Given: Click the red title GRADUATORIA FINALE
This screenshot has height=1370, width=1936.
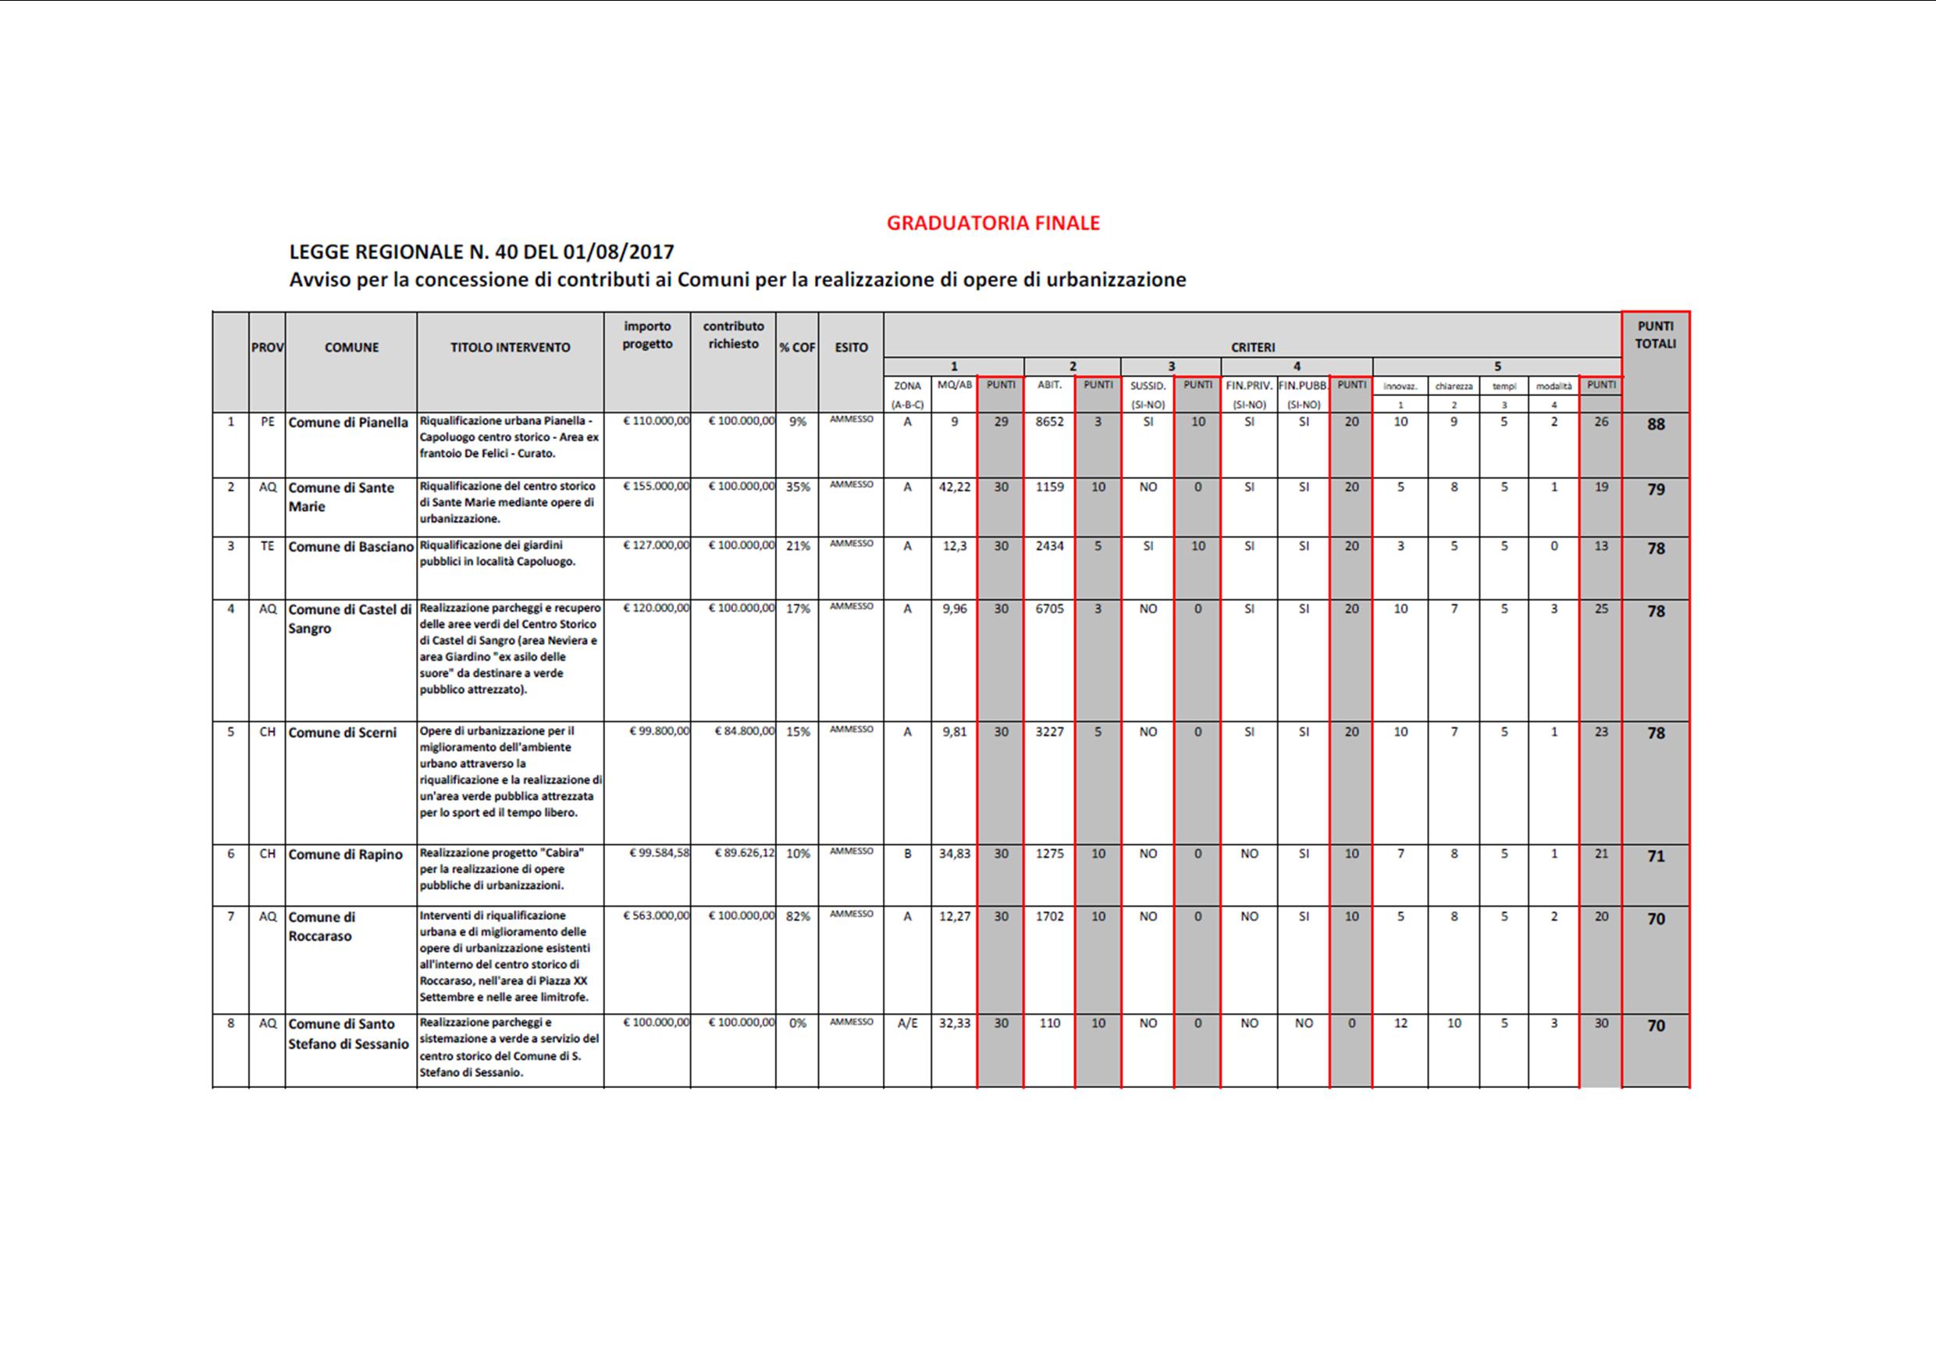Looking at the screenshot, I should (x=992, y=223).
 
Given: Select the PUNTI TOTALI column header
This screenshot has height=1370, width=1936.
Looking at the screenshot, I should (x=1655, y=335).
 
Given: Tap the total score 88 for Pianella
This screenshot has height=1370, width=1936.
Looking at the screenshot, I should (x=1656, y=424).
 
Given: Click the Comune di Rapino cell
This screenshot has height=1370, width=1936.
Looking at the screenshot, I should (x=346, y=854).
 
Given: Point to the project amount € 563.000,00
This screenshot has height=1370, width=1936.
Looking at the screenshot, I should (x=656, y=916).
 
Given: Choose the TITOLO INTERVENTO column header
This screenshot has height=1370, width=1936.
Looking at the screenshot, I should (x=510, y=348).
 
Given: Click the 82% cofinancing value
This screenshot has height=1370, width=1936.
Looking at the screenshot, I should (x=798, y=917).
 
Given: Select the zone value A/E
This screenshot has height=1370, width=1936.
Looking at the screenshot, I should (x=907, y=1023).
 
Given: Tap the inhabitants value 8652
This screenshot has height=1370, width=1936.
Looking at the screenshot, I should (x=1050, y=422).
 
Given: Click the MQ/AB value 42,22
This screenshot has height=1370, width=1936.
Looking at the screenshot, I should (x=955, y=487).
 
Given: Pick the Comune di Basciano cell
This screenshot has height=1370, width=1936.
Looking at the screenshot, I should (x=351, y=547).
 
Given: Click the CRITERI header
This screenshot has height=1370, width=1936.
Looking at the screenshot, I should (x=1252, y=348).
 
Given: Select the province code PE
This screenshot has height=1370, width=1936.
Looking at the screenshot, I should (x=267, y=422).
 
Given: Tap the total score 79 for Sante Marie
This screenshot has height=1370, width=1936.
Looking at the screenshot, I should (x=1656, y=489).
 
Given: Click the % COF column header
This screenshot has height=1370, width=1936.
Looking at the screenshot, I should (x=797, y=348).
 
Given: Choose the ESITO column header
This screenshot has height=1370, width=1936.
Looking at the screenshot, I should (x=851, y=348).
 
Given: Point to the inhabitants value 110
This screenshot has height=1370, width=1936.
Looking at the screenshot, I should (x=1050, y=1023).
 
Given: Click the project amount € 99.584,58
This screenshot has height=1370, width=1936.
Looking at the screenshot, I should (x=659, y=853).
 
